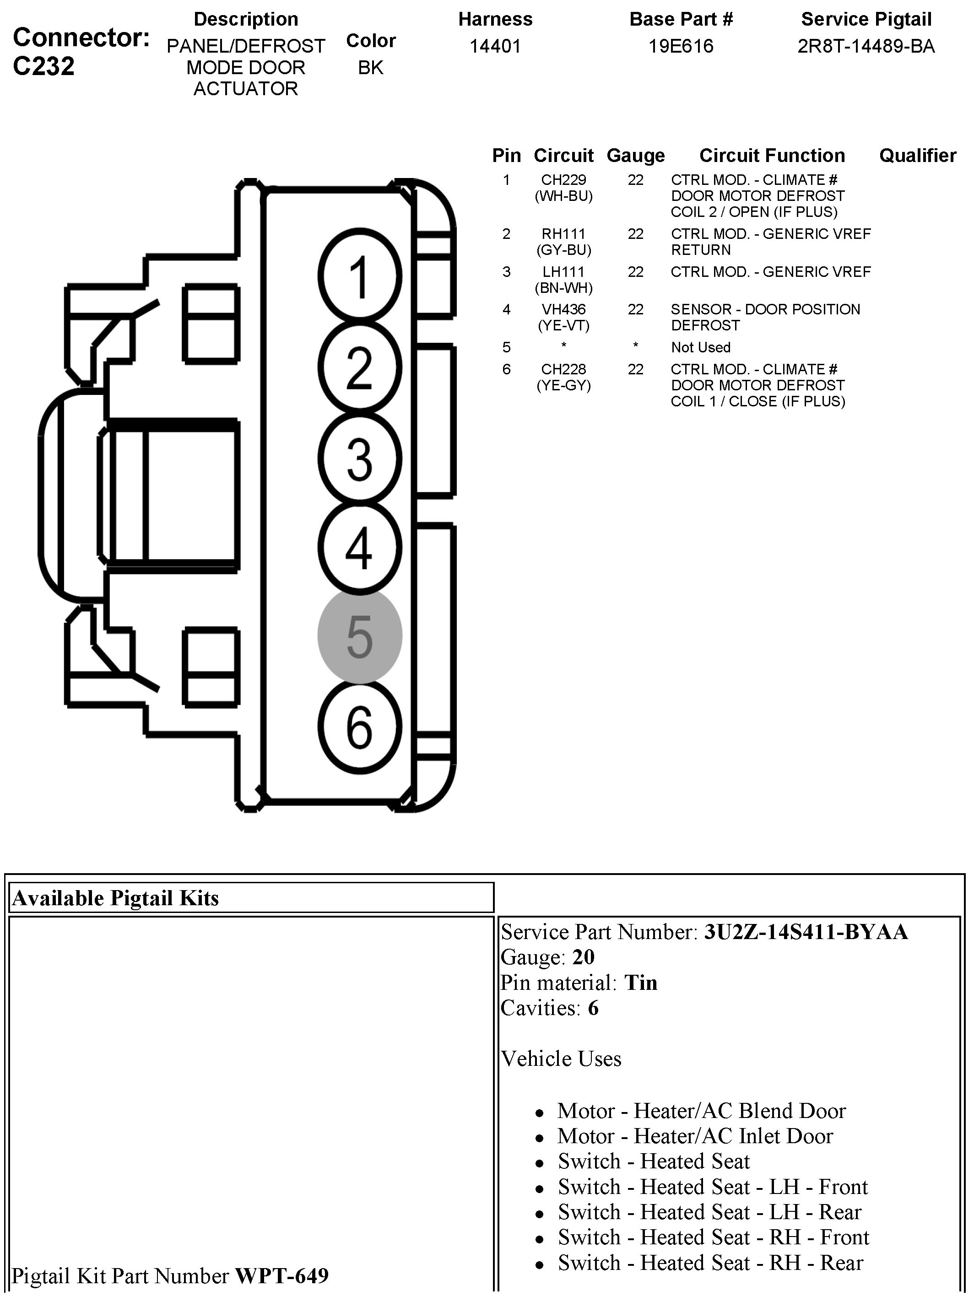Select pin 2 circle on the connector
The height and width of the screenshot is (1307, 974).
point(360,367)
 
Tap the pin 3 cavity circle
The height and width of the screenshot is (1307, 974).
point(360,458)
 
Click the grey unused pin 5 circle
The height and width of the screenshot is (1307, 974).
point(360,636)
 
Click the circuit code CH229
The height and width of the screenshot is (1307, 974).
point(563,180)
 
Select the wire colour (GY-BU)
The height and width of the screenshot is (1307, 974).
point(563,250)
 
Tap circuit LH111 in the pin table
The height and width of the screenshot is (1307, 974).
point(563,272)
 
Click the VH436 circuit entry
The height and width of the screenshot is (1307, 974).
point(563,309)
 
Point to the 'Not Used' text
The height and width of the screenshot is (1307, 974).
point(700,347)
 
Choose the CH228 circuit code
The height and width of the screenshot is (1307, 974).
point(563,369)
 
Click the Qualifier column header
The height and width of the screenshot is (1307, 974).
point(917,156)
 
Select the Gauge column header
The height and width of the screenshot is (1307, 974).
point(636,156)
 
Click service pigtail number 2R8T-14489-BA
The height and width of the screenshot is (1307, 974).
point(866,46)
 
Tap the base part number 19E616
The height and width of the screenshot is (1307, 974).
point(681,46)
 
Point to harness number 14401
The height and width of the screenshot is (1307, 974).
point(495,46)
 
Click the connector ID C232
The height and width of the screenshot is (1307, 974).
point(43,66)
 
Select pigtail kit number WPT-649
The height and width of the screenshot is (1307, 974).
point(282,1275)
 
